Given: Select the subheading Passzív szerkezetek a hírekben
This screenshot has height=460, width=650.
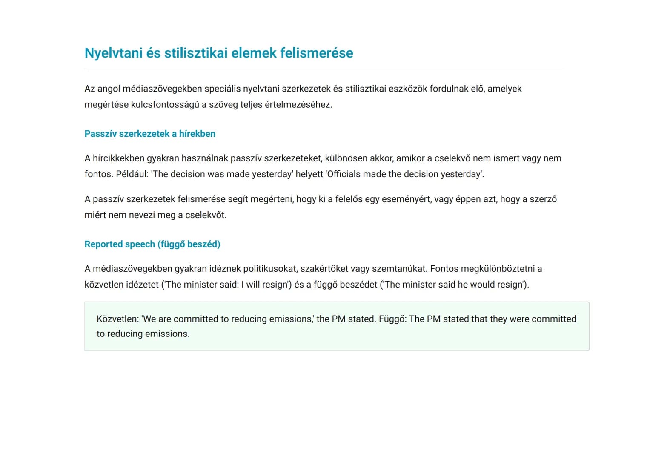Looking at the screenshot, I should pos(150,134).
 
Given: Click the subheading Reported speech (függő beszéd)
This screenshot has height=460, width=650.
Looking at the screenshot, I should pos(152,244).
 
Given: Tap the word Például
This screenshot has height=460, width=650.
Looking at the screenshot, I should pos(132,174).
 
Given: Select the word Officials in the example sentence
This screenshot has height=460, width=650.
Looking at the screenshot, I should pos(343,174).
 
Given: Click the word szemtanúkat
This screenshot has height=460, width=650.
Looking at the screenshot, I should pos(399,269).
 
